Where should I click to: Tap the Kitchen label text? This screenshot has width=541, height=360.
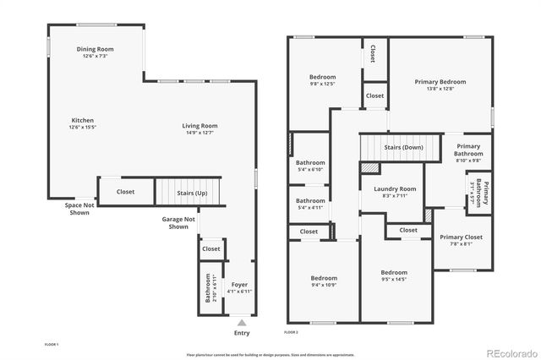point(83,123)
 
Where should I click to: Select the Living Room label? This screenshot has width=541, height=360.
point(199,129)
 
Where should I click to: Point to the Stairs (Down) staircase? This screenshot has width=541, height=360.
point(402,147)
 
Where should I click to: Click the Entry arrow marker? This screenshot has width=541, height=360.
point(242,323)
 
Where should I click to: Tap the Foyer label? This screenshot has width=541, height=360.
point(241,287)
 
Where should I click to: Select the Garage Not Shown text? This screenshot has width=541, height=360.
point(178,223)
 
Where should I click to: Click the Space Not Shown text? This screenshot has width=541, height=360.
point(79,208)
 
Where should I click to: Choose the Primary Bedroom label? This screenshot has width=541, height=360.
point(440,85)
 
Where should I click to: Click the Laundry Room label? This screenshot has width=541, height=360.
point(395,192)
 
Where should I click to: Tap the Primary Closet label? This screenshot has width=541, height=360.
point(462,240)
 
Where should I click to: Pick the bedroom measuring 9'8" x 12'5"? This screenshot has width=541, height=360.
point(322,80)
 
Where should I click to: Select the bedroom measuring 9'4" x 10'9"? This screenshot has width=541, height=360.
point(323,281)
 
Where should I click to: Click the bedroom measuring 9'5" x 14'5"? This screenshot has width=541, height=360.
point(394,275)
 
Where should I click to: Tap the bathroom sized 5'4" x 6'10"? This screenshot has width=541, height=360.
point(310,166)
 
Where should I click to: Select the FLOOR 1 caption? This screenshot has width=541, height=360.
point(52,345)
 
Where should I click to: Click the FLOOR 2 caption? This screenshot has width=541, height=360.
point(292,333)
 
